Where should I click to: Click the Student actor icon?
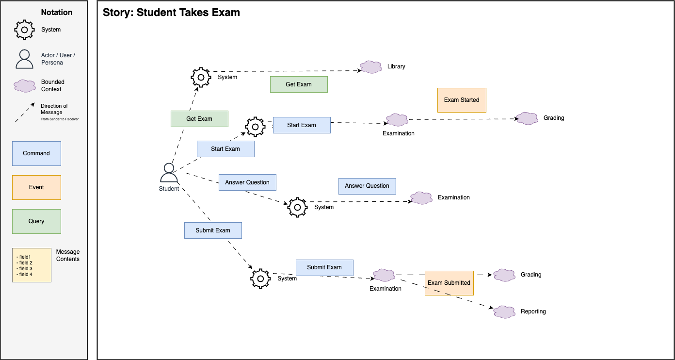(169, 173)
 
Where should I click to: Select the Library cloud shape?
(371, 67)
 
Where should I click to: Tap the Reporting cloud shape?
(504, 311)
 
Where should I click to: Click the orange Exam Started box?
(462, 100)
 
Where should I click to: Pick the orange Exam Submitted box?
(449, 283)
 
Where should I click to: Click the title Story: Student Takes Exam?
(171, 13)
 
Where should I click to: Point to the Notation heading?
(57, 13)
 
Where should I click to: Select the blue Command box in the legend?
(36, 153)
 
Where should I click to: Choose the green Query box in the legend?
(36, 221)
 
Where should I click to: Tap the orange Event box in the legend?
(36, 187)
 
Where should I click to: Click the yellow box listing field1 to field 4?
(32, 265)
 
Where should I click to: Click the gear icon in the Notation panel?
(24, 30)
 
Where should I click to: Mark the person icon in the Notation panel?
(24, 59)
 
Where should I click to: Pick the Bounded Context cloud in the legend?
(24, 86)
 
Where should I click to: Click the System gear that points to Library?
(201, 77)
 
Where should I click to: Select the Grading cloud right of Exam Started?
(527, 118)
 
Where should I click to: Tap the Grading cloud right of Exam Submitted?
(504, 275)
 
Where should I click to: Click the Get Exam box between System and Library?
(299, 84)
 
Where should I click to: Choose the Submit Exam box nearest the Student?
(213, 230)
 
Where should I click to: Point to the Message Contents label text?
(68, 255)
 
